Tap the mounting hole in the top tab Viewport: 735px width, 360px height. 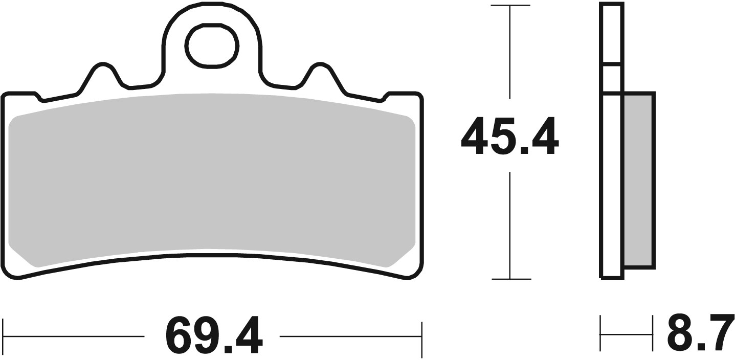tap(211, 46)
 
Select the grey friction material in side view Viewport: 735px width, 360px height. tap(638, 180)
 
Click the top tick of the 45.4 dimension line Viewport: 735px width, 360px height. tap(509, 6)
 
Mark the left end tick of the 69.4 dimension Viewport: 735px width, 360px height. tap(4, 337)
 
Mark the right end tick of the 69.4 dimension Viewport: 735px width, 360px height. tap(421, 337)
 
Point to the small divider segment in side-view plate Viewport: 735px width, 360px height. tap(612, 65)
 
